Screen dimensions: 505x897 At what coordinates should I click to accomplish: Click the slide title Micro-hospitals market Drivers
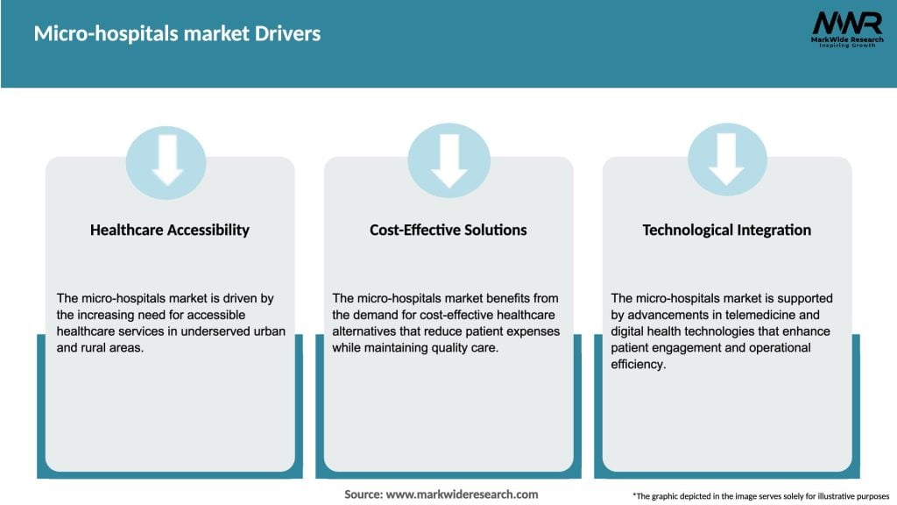(177, 34)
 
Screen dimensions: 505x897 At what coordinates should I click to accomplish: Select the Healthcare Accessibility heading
(170, 230)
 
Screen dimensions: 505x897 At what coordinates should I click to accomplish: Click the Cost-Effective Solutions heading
(448, 230)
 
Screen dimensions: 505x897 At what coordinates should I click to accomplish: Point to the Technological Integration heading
(726, 230)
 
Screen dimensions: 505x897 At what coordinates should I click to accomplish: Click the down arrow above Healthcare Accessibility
(166, 161)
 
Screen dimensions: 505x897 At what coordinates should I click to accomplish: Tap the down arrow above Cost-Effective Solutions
(448, 161)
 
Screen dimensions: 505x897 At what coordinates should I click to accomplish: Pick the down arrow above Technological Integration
(726, 161)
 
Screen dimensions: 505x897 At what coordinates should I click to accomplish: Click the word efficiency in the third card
(639, 365)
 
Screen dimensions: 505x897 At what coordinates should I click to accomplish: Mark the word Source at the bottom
(363, 494)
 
